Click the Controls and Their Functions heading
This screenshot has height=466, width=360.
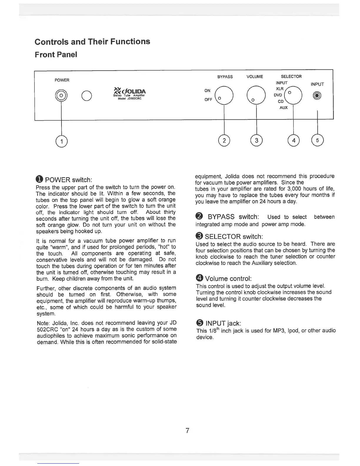(x=92, y=41)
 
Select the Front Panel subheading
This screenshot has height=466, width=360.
(x=56, y=55)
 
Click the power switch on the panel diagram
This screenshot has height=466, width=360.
(x=61, y=96)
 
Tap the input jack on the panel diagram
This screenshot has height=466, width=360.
(x=317, y=96)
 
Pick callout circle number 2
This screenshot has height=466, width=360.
(x=224, y=140)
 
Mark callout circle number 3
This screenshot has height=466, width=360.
(x=256, y=140)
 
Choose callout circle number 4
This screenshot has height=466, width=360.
(x=293, y=140)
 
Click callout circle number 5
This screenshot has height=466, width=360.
(x=317, y=140)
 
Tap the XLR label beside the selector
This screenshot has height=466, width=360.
(x=280, y=89)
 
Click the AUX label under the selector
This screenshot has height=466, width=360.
(x=284, y=108)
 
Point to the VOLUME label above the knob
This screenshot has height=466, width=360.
(x=255, y=77)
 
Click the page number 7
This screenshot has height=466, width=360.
(x=187, y=431)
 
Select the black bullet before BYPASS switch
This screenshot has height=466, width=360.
(x=199, y=217)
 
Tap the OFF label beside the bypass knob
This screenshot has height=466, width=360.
(x=208, y=100)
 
